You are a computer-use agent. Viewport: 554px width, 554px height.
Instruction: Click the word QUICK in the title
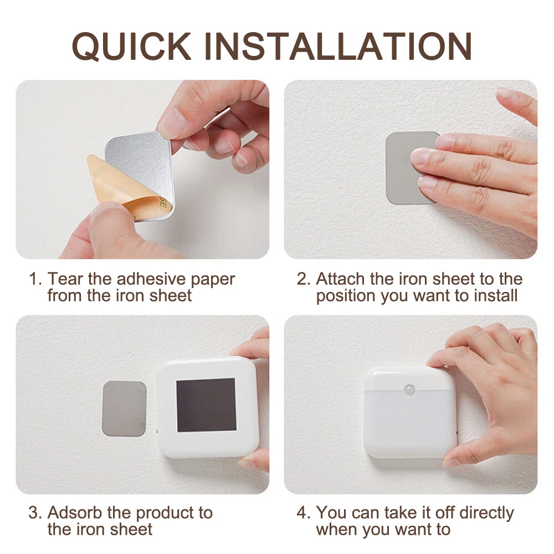pos(132,47)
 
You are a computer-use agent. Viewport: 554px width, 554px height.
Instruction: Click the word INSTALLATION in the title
pos(338,47)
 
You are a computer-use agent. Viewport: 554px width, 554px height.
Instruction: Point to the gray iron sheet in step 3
pos(124,408)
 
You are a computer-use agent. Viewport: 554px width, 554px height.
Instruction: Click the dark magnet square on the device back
pos(206,406)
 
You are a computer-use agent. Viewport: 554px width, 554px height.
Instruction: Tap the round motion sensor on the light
pos(410,389)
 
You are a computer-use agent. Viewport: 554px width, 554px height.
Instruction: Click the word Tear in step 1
pos(66,279)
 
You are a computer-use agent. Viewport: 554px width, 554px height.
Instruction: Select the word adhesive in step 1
pos(151,279)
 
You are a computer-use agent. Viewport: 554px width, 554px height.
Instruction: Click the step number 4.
pos(303,512)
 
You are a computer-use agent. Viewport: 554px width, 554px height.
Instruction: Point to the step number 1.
pos(34,279)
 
